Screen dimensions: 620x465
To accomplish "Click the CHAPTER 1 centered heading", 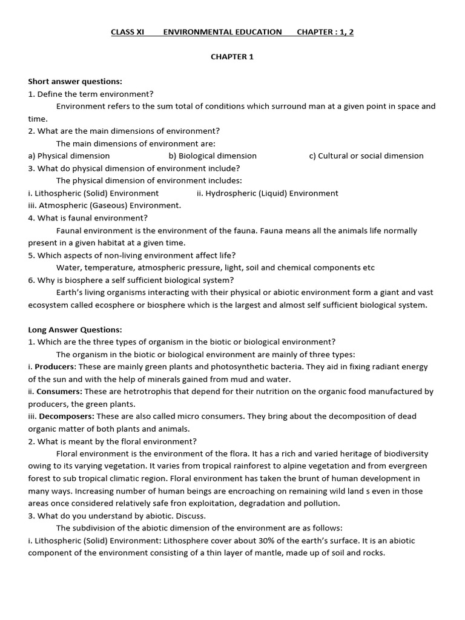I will tap(232, 57).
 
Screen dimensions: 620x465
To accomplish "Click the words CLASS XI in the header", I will tap(127, 32).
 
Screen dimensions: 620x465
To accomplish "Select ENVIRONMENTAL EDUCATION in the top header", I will tap(222, 32).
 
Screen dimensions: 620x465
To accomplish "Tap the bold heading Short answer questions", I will tap(75, 81).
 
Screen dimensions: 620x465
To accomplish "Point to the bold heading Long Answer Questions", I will tap(75, 330).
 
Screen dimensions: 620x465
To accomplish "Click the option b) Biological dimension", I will tap(213, 156).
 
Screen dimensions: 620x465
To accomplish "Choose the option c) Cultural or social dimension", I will tap(366, 156).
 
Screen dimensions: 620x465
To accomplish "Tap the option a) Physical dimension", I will tap(69, 156).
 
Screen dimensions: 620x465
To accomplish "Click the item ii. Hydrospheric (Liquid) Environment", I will tap(268, 193).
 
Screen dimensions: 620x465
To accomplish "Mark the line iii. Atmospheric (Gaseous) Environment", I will tap(104, 205).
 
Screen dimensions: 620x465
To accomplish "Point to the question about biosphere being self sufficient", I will tap(131, 280).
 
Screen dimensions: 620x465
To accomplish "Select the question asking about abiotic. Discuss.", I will tap(117, 516).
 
